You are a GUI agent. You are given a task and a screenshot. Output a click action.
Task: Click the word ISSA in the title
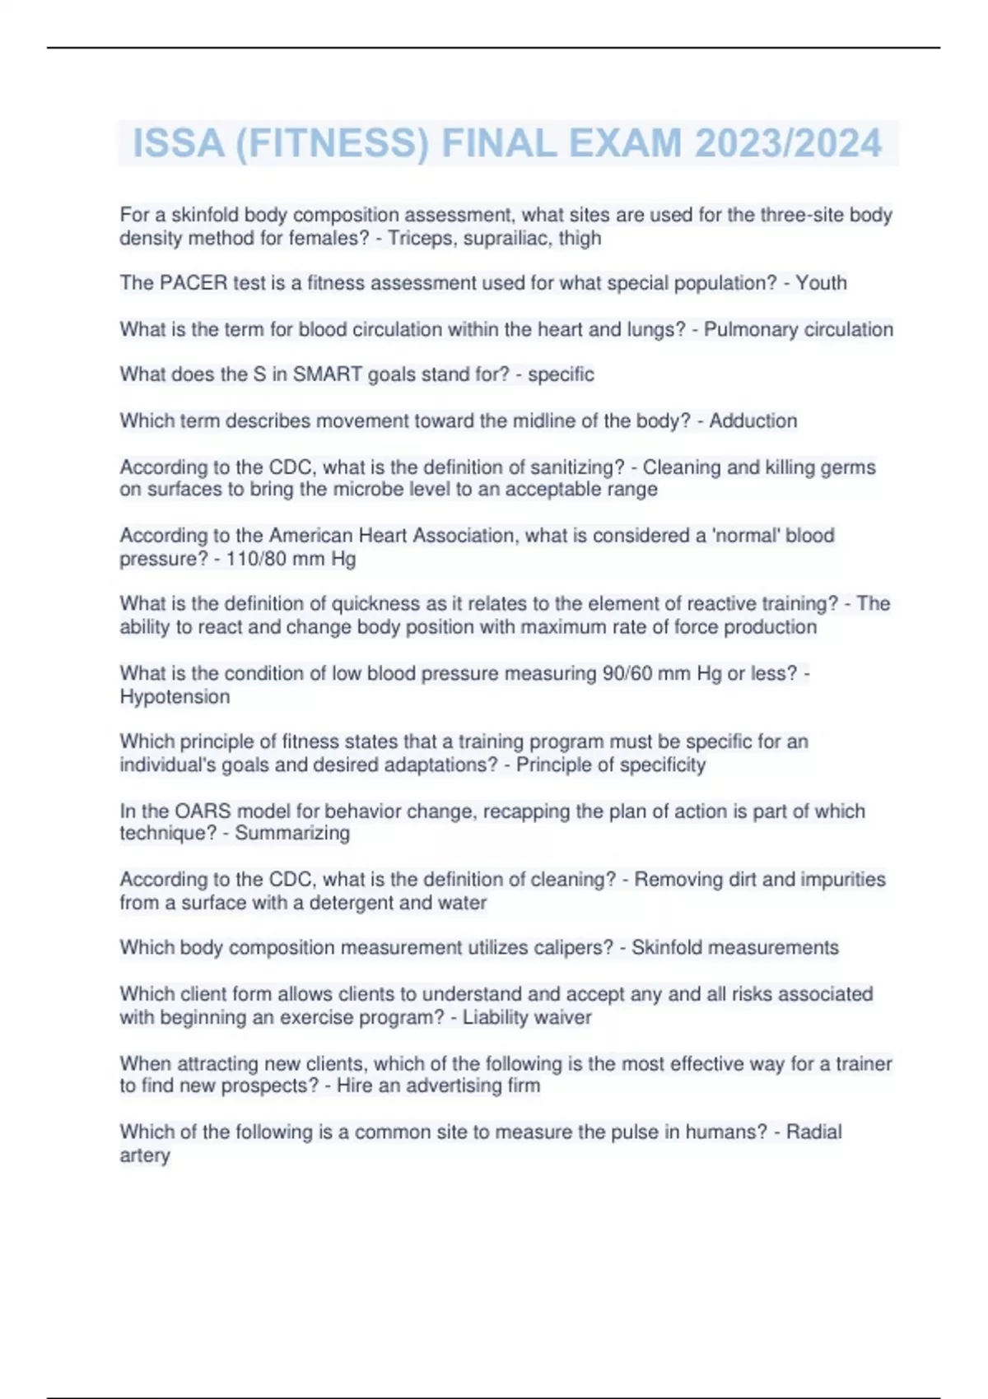(179, 143)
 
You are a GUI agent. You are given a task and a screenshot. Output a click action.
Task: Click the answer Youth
(821, 283)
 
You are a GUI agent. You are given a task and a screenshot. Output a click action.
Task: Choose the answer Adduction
(753, 421)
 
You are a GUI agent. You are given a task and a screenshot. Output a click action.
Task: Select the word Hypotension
(175, 697)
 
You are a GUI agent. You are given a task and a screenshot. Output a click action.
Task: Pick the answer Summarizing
(292, 834)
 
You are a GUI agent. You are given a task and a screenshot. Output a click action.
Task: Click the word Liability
(495, 1018)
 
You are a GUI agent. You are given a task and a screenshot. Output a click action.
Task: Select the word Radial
(813, 1132)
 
